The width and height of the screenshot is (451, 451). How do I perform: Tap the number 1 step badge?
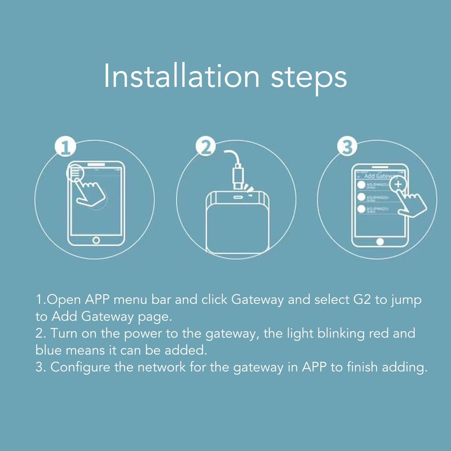(x=67, y=148)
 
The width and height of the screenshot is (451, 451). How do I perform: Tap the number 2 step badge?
(x=206, y=147)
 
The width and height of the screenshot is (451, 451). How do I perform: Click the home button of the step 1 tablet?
(x=96, y=240)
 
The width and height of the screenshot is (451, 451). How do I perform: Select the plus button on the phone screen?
(x=398, y=184)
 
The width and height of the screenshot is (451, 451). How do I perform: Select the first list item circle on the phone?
(x=361, y=185)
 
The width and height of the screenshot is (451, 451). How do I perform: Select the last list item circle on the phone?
(x=361, y=210)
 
